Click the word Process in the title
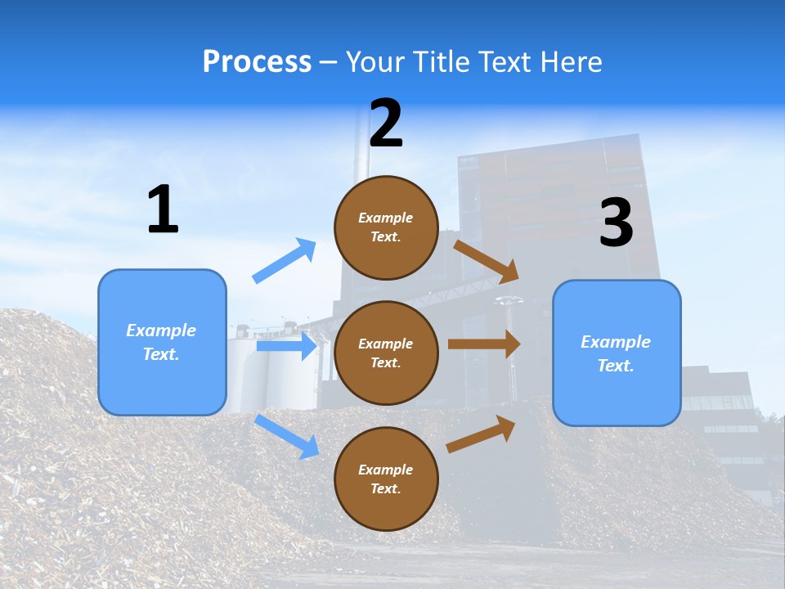click(257, 61)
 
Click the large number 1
click(163, 209)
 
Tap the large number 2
click(386, 123)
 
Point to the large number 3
click(616, 223)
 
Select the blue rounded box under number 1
click(162, 342)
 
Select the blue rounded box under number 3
click(617, 353)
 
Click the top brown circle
click(386, 227)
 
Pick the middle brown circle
click(386, 353)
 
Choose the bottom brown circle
click(386, 479)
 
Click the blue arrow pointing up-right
click(285, 261)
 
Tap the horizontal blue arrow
click(286, 346)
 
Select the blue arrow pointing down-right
click(286, 436)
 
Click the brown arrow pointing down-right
click(486, 262)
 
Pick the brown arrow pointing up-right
click(481, 434)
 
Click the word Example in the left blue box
click(161, 330)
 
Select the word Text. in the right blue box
click(616, 365)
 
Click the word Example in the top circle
click(386, 218)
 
